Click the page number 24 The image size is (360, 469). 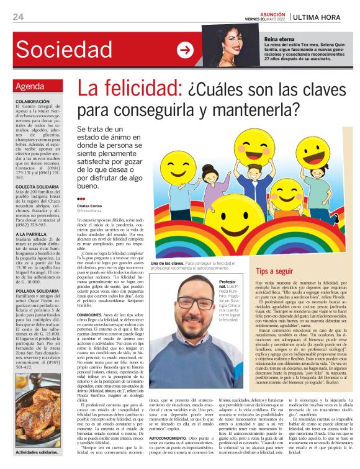tap(19, 17)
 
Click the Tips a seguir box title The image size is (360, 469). tap(274, 271)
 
